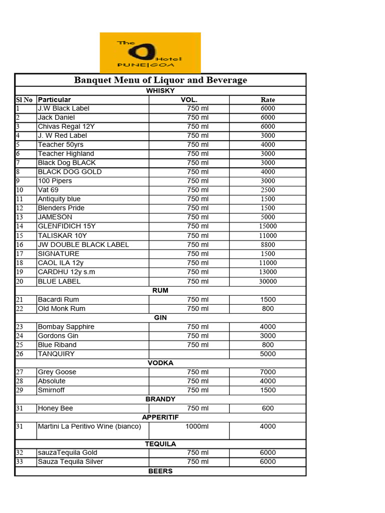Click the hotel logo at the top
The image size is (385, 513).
[150, 53]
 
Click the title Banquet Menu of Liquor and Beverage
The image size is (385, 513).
[160, 80]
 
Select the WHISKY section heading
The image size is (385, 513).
[160, 91]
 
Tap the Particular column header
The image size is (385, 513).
[55, 100]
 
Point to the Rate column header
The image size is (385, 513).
[268, 100]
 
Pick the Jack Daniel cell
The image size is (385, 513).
[56, 117]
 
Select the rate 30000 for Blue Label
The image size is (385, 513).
[268, 282]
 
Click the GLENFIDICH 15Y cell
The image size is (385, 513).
[67, 226]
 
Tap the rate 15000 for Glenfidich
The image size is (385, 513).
[268, 226]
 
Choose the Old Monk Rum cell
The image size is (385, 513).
[62, 309]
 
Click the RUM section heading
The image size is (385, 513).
[160, 291]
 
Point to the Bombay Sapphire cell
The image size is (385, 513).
[66, 327]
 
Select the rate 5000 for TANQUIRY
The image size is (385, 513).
[268, 354]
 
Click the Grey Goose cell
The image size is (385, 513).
[57, 372]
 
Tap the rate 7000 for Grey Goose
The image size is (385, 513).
[268, 372]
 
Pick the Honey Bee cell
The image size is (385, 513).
[56, 408]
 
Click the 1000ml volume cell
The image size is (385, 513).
[198, 426]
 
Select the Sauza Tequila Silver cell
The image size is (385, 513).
[71, 461]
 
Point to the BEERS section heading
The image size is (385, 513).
[160, 471]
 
